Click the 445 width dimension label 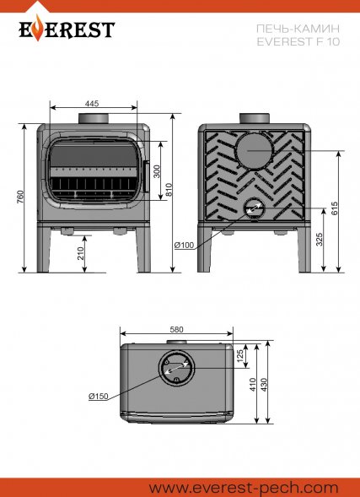tap(92, 104)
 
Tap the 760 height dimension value tap(21, 197)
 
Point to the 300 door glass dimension tap(157, 171)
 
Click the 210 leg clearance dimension tap(81, 254)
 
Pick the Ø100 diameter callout tap(184, 245)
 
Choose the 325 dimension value tap(320, 240)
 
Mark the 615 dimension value tap(336, 208)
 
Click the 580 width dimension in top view tap(176, 330)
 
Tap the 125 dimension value tap(240, 356)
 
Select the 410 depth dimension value tap(253, 385)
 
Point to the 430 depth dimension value tap(265, 385)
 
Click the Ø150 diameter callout tap(99, 397)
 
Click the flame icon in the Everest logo tap(38, 28)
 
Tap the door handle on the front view tap(147, 176)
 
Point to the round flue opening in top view tap(177, 368)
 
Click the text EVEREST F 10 tap(298, 42)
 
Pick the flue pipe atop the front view tap(94, 118)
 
